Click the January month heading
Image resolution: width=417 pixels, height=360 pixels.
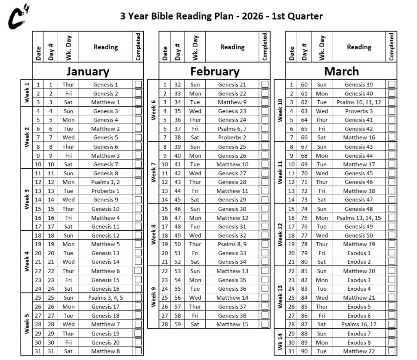[88, 71]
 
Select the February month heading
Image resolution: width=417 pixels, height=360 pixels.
[215, 71]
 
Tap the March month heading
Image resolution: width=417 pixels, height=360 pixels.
[341, 71]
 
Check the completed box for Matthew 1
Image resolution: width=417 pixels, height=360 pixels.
[138, 102]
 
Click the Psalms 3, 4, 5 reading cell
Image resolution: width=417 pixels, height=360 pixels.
[105, 298]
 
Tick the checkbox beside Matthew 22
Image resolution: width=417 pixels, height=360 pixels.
[392, 351]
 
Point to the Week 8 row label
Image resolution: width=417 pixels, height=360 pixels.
[153, 234]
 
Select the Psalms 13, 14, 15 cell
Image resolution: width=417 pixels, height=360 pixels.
[359, 218]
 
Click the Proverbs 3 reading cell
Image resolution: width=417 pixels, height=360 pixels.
[359, 111]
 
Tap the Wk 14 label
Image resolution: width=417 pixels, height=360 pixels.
[280, 342]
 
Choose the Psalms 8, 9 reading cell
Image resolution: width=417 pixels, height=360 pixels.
[232, 244]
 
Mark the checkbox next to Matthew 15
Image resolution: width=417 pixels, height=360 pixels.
[265, 324]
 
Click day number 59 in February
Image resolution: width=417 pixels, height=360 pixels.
[178, 324]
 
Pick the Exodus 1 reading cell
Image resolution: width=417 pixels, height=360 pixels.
[359, 253]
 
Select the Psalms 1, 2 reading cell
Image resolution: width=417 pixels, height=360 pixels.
[105, 182]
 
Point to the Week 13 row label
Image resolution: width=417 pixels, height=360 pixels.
[280, 297]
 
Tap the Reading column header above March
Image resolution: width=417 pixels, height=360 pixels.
[359, 47]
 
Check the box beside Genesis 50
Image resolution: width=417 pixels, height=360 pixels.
[392, 235]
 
